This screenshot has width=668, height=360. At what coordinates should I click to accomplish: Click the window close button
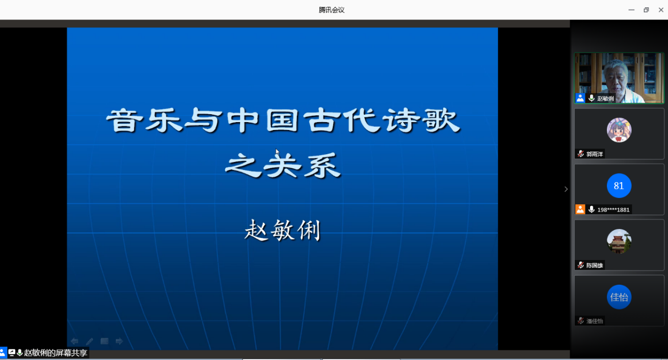(661, 10)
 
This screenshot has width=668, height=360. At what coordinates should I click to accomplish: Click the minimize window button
(631, 10)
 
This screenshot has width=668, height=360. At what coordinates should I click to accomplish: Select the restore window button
(646, 10)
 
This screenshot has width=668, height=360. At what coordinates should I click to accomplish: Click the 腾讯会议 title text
(331, 10)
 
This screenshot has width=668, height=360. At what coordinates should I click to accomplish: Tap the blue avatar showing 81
(619, 185)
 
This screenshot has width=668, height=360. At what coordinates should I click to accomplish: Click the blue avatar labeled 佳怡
(619, 297)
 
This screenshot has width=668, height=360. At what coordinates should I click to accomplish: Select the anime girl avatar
(619, 130)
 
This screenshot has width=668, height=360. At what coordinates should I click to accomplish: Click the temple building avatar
(619, 241)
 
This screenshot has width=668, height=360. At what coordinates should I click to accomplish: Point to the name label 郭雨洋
(595, 154)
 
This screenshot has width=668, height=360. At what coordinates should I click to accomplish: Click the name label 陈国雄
(595, 265)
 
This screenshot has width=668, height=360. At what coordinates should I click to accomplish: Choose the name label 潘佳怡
(595, 321)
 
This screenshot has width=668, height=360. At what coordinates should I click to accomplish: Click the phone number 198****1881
(613, 209)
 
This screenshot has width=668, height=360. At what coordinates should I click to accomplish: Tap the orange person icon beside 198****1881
(580, 209)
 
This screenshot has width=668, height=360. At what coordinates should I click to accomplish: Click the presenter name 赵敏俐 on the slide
(282, 230)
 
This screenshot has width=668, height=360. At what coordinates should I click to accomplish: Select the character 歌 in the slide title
(443, 120)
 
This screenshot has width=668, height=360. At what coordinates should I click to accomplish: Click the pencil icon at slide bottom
(89, 341)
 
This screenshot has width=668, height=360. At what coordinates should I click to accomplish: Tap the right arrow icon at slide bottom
(119, 341)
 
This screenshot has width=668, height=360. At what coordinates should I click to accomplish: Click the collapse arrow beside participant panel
(566, 189)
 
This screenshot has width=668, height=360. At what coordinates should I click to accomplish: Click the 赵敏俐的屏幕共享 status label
(55, 353)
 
